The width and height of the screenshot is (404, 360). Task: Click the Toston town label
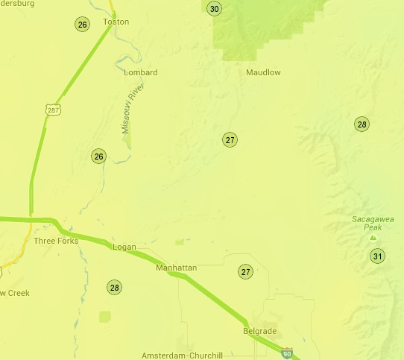(116, 22)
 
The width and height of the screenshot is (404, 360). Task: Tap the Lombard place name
(141, 72)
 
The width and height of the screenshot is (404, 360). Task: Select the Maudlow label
(262, 72)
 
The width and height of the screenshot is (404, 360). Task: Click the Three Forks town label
(56, 241)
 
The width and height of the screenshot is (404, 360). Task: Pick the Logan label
(124, 247)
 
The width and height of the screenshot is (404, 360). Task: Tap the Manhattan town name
(177, 267)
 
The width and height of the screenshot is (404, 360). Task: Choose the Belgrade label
(259, 331)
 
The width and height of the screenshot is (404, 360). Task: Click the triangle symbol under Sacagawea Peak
(373, 237)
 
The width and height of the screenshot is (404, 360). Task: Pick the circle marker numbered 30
(215, 9)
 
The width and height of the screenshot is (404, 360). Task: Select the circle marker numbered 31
(378, 256)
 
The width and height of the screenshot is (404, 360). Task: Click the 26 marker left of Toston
(82, 25)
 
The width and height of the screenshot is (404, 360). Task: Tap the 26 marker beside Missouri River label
(99, 156)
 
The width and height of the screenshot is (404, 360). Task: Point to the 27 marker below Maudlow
(230, 139)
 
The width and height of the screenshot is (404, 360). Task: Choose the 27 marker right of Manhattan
(246, 271)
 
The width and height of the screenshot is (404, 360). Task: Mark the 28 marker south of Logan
(114, 287)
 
